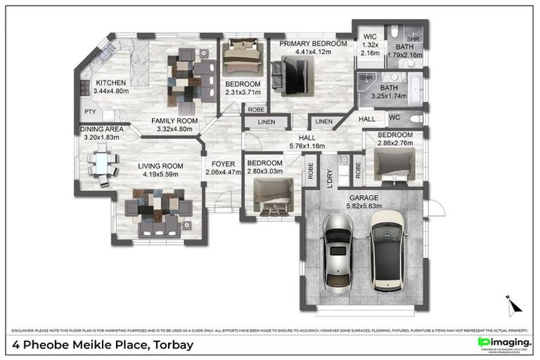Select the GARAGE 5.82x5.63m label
click(x=364, y=202)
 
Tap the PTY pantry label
click(x=90, y=112)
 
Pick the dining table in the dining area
click(x=102, y=166)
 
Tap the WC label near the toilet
click(x=394, y=117)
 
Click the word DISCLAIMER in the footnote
click(x=24, y=330)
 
